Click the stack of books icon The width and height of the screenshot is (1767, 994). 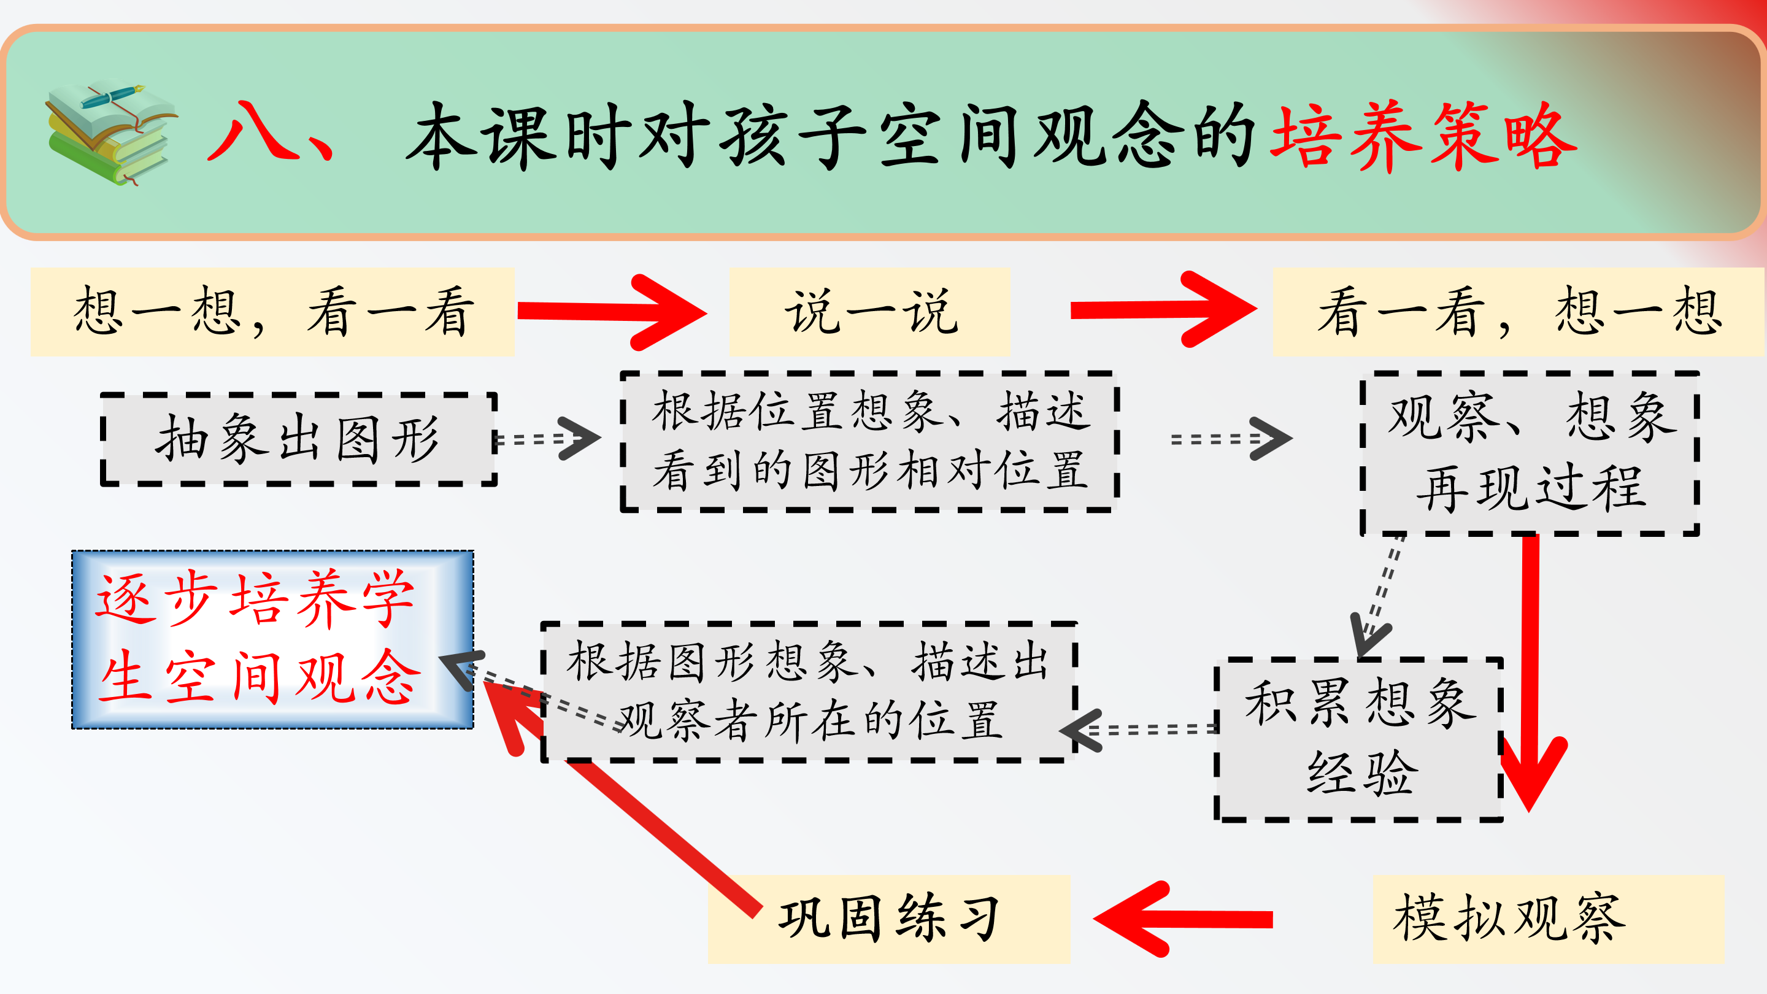(110, 134)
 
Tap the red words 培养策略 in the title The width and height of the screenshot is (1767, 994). (1423, 135)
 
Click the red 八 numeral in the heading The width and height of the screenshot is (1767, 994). (254, 130)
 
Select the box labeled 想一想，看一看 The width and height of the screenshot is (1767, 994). (272, 312)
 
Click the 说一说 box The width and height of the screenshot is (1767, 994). (870, 312)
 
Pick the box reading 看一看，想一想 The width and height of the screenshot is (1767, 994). (1517, 312)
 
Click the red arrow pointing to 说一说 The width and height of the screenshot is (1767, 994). (610, 312)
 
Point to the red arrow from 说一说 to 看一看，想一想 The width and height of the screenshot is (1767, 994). (1163, 310)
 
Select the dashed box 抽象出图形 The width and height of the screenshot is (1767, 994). (298, 439)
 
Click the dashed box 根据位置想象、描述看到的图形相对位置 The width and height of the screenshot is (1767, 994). (870, 441)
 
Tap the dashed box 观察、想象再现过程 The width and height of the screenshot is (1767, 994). (1530, 453)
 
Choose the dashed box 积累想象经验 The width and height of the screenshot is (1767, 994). (1358, 739)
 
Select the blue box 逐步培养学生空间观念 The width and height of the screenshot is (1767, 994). (272, 639)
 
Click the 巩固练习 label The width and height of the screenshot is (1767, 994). (889, 919)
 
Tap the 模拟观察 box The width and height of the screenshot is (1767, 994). (1547, 919)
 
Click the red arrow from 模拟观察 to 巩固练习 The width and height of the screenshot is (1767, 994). (1184, 919)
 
